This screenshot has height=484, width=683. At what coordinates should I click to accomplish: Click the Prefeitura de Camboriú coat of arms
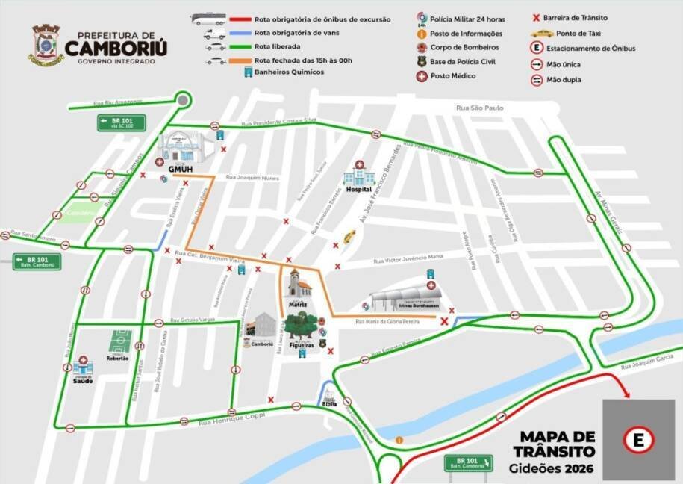(x=46, y=44)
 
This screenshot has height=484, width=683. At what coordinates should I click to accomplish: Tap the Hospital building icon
(x=358, y=177)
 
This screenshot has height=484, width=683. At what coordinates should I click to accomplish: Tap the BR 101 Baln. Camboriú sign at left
(x=36, y=262)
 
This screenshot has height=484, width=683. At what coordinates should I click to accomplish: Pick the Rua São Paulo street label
(x=481, y=108)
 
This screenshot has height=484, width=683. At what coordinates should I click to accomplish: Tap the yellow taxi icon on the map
(x=349, y=236)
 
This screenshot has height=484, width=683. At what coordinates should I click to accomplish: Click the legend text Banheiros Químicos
(x=290, y=72)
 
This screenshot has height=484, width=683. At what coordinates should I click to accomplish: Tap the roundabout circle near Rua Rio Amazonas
(x=182, y=99)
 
